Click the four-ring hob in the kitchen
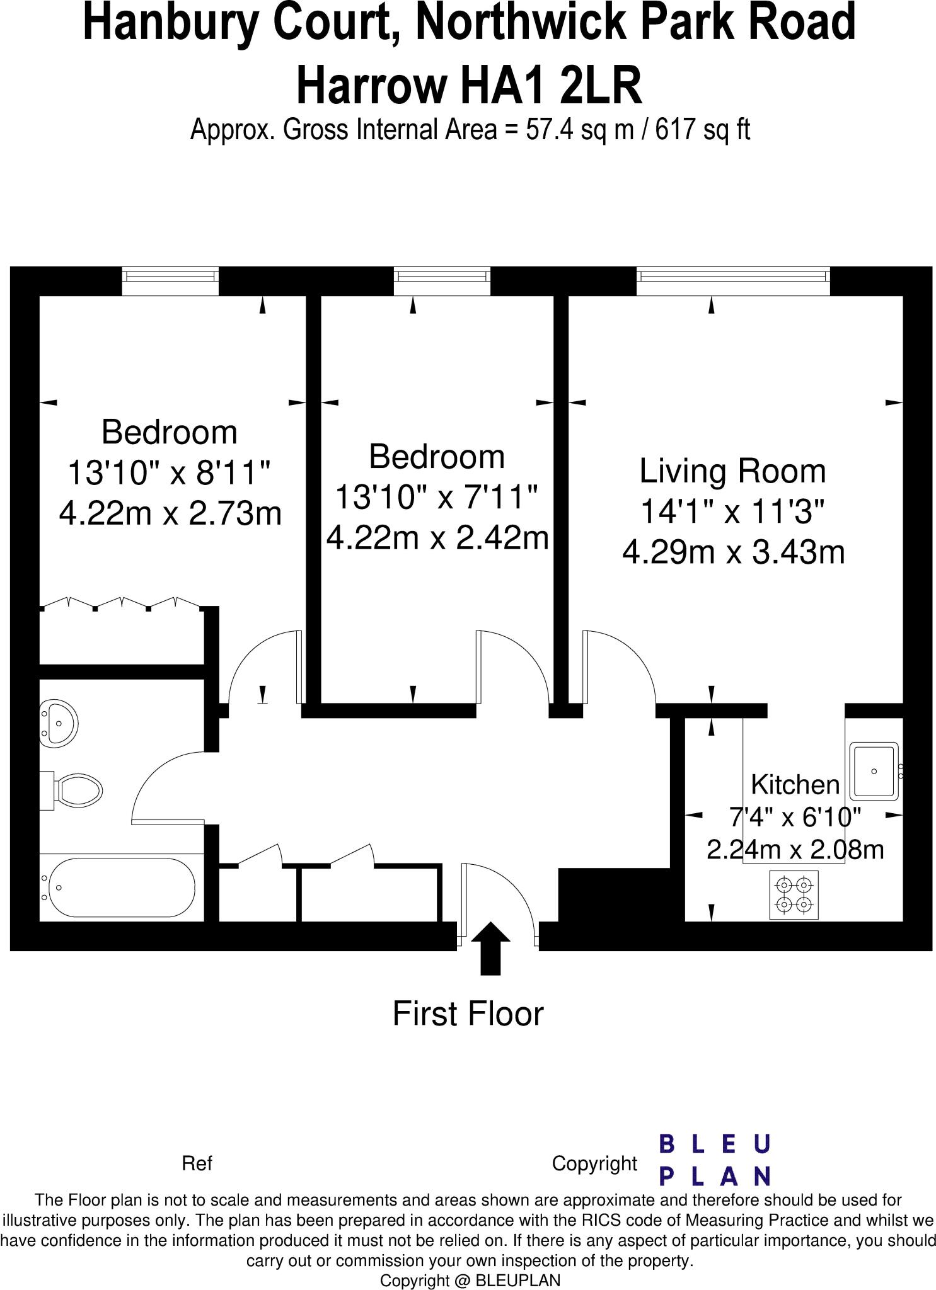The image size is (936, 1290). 794,894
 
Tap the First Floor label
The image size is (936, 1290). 468,1013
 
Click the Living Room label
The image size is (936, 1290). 732,471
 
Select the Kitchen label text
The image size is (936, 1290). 795,785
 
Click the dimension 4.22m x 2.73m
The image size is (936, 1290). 170,513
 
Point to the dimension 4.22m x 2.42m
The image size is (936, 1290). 437,538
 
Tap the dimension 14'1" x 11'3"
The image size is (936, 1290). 732,511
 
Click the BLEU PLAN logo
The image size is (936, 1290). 715,1160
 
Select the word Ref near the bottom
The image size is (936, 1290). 197,1163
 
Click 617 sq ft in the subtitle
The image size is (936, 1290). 703,130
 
